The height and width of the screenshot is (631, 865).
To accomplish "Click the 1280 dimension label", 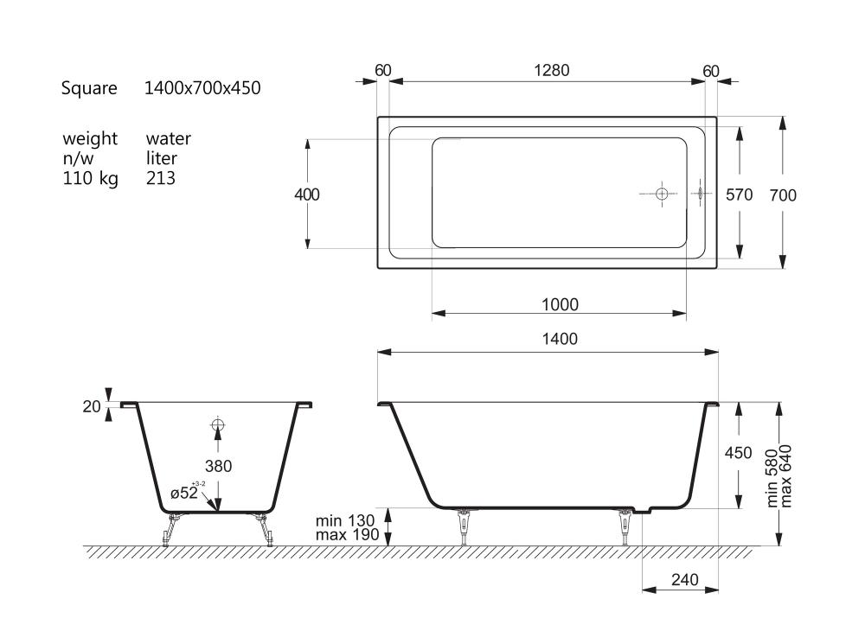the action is pyautogui.click(x=551, y=71).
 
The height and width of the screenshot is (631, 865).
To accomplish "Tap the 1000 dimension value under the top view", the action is pyautogui.click(x=560, y=305).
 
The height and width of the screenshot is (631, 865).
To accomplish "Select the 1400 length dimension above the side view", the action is pyautogui.click(x=560, y=339).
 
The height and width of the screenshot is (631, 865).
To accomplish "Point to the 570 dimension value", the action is pyautogui.click(x=740, y=194).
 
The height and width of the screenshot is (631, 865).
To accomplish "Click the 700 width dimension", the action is pyautogui.click(x=783, y=195).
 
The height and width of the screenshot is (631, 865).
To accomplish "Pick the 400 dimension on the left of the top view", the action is pyautogui.click(x=307, y=194).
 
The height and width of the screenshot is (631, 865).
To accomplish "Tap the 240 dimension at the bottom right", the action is pyautogui.click(x=685, y=580).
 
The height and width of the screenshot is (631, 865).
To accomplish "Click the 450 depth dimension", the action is pyautogui.click(x=738, y=453).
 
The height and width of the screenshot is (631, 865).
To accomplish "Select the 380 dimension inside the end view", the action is pyautogui.click(x=219, y=466).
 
